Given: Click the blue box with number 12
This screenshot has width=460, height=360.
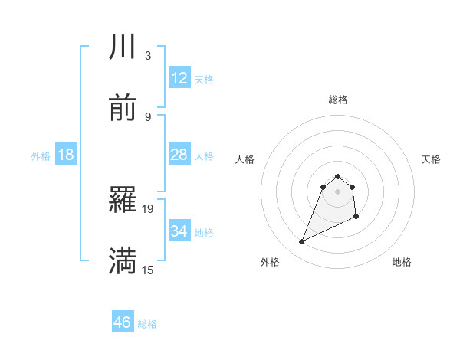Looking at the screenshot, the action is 179,78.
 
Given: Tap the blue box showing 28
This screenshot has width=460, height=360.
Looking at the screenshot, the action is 179,155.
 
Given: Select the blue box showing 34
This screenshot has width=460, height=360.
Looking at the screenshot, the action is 179,231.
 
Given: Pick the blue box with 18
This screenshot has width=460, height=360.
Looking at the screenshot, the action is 66,155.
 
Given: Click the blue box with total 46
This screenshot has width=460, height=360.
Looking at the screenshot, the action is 122,322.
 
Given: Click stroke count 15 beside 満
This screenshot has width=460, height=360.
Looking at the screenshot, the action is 148,270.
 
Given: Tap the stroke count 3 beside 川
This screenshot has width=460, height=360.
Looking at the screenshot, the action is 148,56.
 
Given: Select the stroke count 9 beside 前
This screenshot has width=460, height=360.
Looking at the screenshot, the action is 148,116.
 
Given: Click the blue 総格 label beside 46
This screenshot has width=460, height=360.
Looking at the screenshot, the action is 147,324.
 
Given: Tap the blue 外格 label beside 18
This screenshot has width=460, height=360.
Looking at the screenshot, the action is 41,155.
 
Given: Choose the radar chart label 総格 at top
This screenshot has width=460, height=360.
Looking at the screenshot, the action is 338,100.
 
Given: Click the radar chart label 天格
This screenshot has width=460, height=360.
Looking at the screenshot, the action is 432,159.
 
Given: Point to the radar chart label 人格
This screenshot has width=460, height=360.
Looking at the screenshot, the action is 245,159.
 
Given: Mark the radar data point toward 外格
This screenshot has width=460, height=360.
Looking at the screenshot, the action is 301,242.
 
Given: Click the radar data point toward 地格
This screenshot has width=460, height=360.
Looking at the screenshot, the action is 357,218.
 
